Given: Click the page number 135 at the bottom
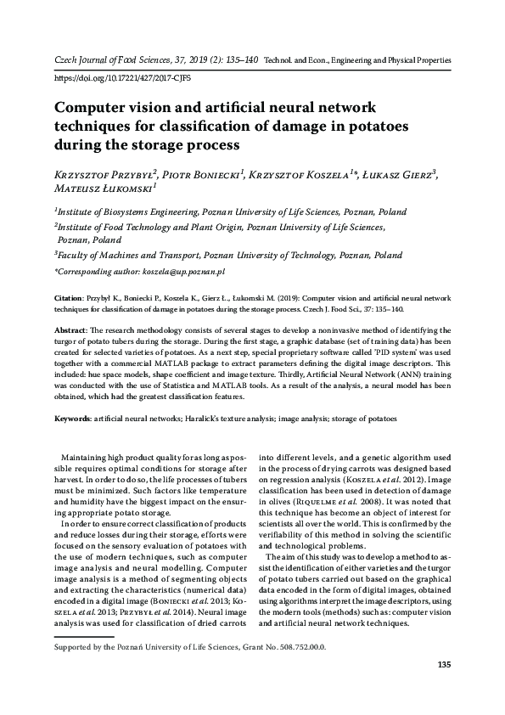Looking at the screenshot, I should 442,688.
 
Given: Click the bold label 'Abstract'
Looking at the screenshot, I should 71,328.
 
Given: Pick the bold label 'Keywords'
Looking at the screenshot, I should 73,419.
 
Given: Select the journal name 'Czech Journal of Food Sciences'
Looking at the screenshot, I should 114,62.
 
